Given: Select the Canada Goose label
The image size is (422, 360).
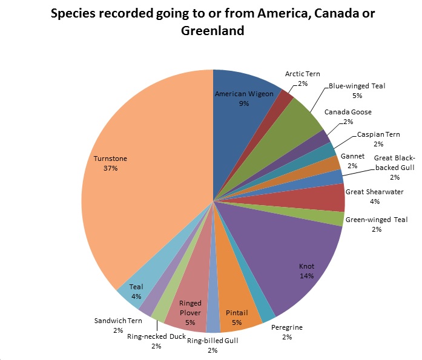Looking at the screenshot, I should [x=348, y=116].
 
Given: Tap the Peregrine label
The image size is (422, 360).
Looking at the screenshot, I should [x=286, y=332].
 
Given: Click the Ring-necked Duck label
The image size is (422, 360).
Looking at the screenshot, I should [x=156, y=341].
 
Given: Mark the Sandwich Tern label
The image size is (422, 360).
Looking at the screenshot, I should [x=117, y=325].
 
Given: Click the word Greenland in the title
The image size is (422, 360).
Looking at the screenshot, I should [x=212, y=31].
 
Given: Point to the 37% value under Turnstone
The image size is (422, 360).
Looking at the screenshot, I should [x=110, y=169].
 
